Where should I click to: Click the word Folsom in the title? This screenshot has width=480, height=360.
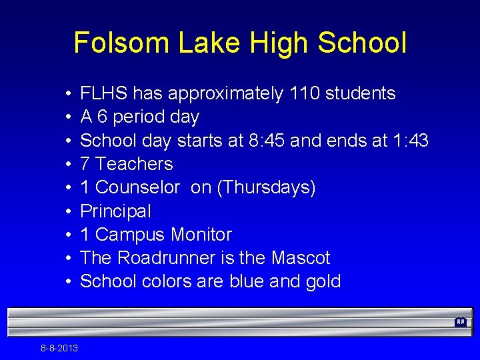point(121,43)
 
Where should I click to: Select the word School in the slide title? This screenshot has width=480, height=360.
point(362,43)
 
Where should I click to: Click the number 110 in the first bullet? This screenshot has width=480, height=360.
point(304,93)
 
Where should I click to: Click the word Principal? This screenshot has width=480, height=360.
point(115,211)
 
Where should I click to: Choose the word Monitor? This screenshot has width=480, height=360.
point(201,235)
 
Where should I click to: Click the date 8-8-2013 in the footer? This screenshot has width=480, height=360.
point(59,348)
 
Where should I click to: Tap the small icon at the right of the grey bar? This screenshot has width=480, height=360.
point(460,322)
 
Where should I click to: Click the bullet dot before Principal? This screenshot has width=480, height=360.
point(69,211)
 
